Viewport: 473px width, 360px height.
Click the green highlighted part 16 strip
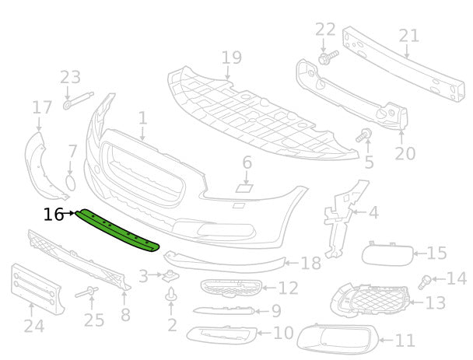pyautogui.click(x=117, y=230)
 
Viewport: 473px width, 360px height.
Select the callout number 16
pyautogui.click(x=54, y=214)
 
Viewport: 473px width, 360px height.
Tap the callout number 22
pyautogui.click(x=325, y=30)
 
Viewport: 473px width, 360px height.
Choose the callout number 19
pyautogui.click(x=231, y=58)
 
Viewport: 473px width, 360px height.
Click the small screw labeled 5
pyautogui.click(x=363, y=137)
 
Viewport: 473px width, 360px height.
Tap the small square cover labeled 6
pyautogui.click(x=244, y=187)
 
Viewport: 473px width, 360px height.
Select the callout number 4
pyautogui.click(x=373, y=211)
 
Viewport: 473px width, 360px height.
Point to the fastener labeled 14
pyautogui.click(x=426, y=280)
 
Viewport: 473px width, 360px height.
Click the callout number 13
pyautogui.click(x=436, y=302)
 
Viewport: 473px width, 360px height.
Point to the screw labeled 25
pyautogui.click(x=87, y=293)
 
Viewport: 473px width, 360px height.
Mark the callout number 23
pyautogui.click(x=70, y=77)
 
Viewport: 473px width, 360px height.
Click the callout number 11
pyautogui.click(x=405, y=340)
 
